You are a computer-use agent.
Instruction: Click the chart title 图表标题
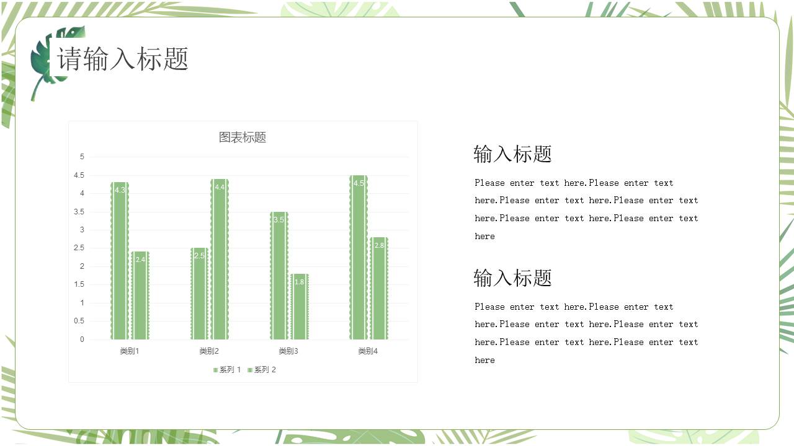pyautogui.click(x=243, y=138)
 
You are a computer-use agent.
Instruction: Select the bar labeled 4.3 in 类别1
pyautogui.click(x=120, y=261)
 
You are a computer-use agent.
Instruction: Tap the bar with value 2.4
pyautogui.click(x=140, y=295)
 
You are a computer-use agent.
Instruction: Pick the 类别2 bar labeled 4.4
pyautogui.click(x=220, y=259)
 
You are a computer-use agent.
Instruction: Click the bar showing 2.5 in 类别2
pyautogui.click(x=199, y=294)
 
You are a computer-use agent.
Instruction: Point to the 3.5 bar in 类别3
pyautogui.click(x=279, y=276)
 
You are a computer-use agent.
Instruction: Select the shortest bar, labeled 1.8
pyautogui.click(x=300, y=307)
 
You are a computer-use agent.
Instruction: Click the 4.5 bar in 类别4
pyautogui.click(x=359, y=257)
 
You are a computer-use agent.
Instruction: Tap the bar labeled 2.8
pyautogui.click(x=379, y=289)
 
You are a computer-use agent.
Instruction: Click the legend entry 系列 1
pyautogui.click(x=227, y=370)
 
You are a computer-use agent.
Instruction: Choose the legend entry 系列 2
pyautogui.click(x=262, y=370)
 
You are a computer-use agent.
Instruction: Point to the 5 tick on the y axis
pyautogui.click(x=82, y=157)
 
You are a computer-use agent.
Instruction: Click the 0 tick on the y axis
pyautogui.click(x=82, y=339)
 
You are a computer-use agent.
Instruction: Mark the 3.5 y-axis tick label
pyautogui.click(x=79, y=212)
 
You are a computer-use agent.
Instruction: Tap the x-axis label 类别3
pyautogui.click(x=288, y=351)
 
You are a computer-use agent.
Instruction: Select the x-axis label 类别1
pyautogui.click(x=130, y=351)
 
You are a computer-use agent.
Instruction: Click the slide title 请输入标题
pyautogui.click(x=123, y=59)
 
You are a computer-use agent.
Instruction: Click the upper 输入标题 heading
pyautogui.click(x=512, y=154)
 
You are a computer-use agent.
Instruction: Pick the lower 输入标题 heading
pyautogui.click(x=512, y=278)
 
